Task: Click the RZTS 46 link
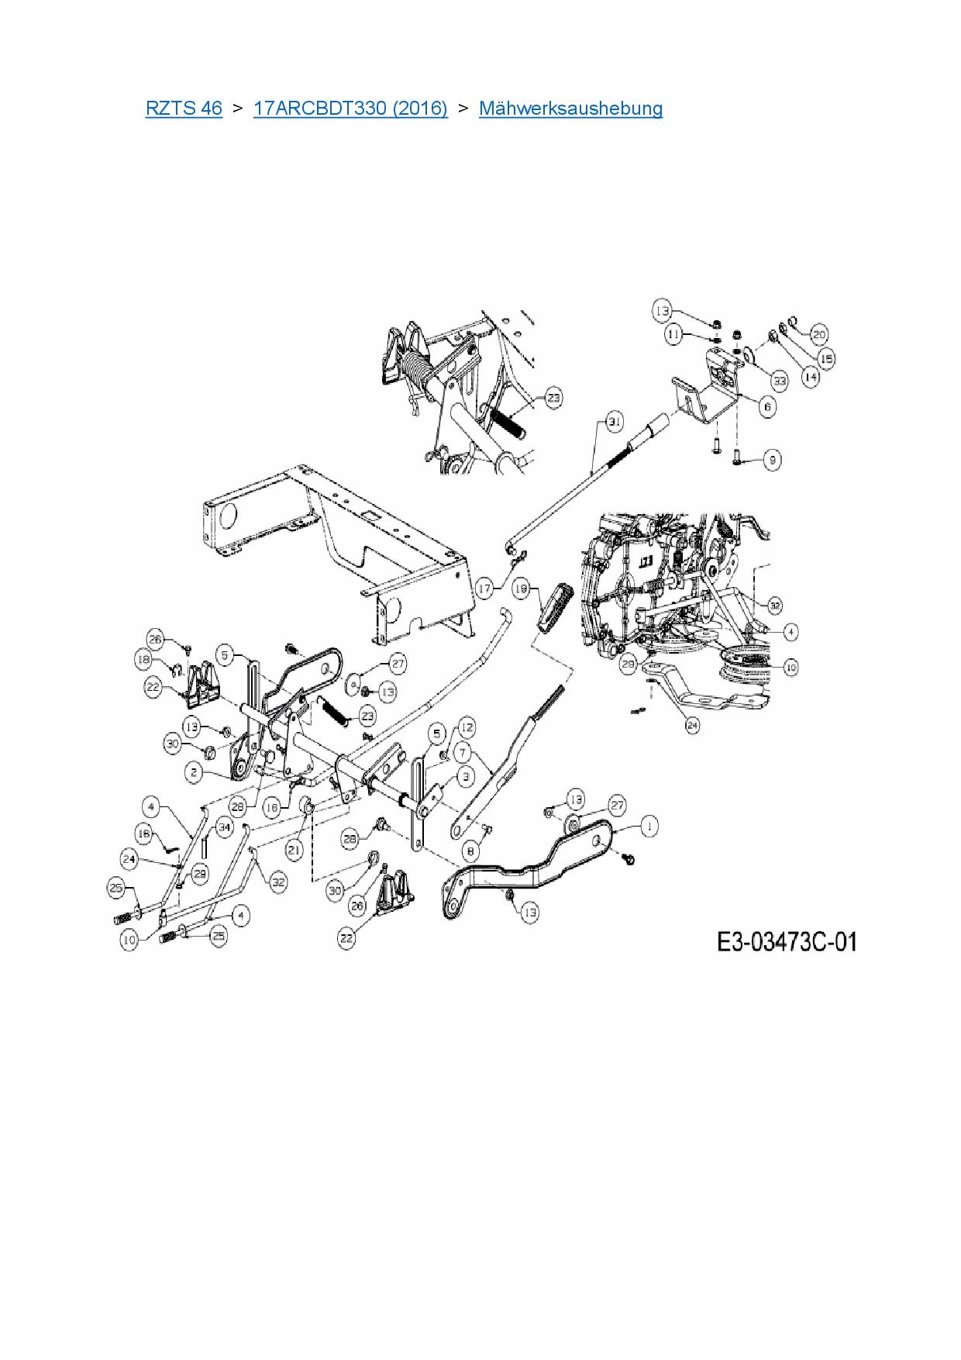pos(184,108)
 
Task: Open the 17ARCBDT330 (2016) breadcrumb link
pos(350,108)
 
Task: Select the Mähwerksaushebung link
pos(570,108)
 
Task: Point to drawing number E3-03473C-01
pos(786,942)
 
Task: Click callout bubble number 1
pos(648,827)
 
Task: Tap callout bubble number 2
pos(195,772)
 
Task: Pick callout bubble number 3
pos(465,775)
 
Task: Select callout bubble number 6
pos(766,406)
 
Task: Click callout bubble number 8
pos(470,851)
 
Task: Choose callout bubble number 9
pos(771,460)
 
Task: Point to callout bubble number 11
pos(673,334)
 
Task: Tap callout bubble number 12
pos(467,728)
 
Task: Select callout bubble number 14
pos(809,378)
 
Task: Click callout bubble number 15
pos(827,359)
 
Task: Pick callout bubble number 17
pos(484,589)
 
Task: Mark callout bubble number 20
pos(819,334)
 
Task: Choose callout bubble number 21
pos(294,850)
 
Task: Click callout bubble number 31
pos(614,423)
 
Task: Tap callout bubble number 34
pos(224,827)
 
